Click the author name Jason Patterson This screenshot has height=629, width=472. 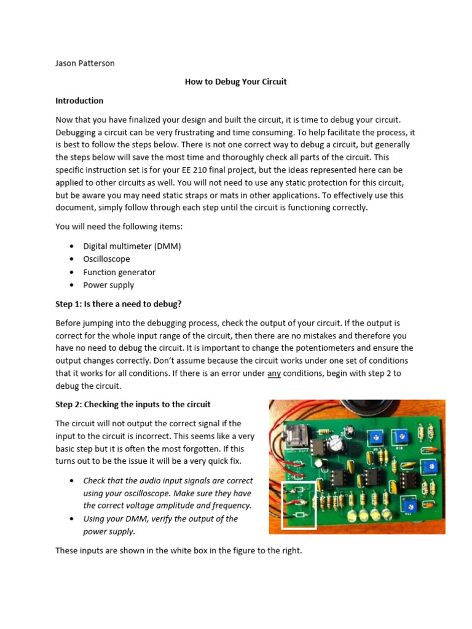[85, 63]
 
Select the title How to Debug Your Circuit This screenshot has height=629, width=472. [235, 82]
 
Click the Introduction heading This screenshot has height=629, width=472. [79, 101]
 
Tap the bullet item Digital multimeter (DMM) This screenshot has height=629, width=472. [132, 246]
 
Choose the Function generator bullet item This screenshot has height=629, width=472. [119, 272]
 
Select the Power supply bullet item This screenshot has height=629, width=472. [109, 285]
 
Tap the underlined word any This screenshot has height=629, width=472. [274, 373]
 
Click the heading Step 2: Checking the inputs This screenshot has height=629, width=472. [133, 404]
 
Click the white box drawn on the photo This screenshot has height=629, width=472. [299, 505]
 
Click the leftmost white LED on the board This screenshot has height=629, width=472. [353, 515]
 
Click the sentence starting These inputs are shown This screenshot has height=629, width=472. [179, 550]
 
